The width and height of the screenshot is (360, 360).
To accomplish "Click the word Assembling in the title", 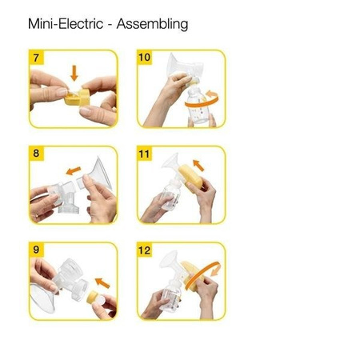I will click(x=152, y=24).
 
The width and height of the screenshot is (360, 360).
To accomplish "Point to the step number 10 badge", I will click(x=145, y=58).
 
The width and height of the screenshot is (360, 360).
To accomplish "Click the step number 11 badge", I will click(x=145, y=153).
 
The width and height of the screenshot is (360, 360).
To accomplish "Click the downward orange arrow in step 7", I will click(x=74, y=74).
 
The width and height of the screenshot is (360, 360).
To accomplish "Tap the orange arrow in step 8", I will click(x=73, y=170).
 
